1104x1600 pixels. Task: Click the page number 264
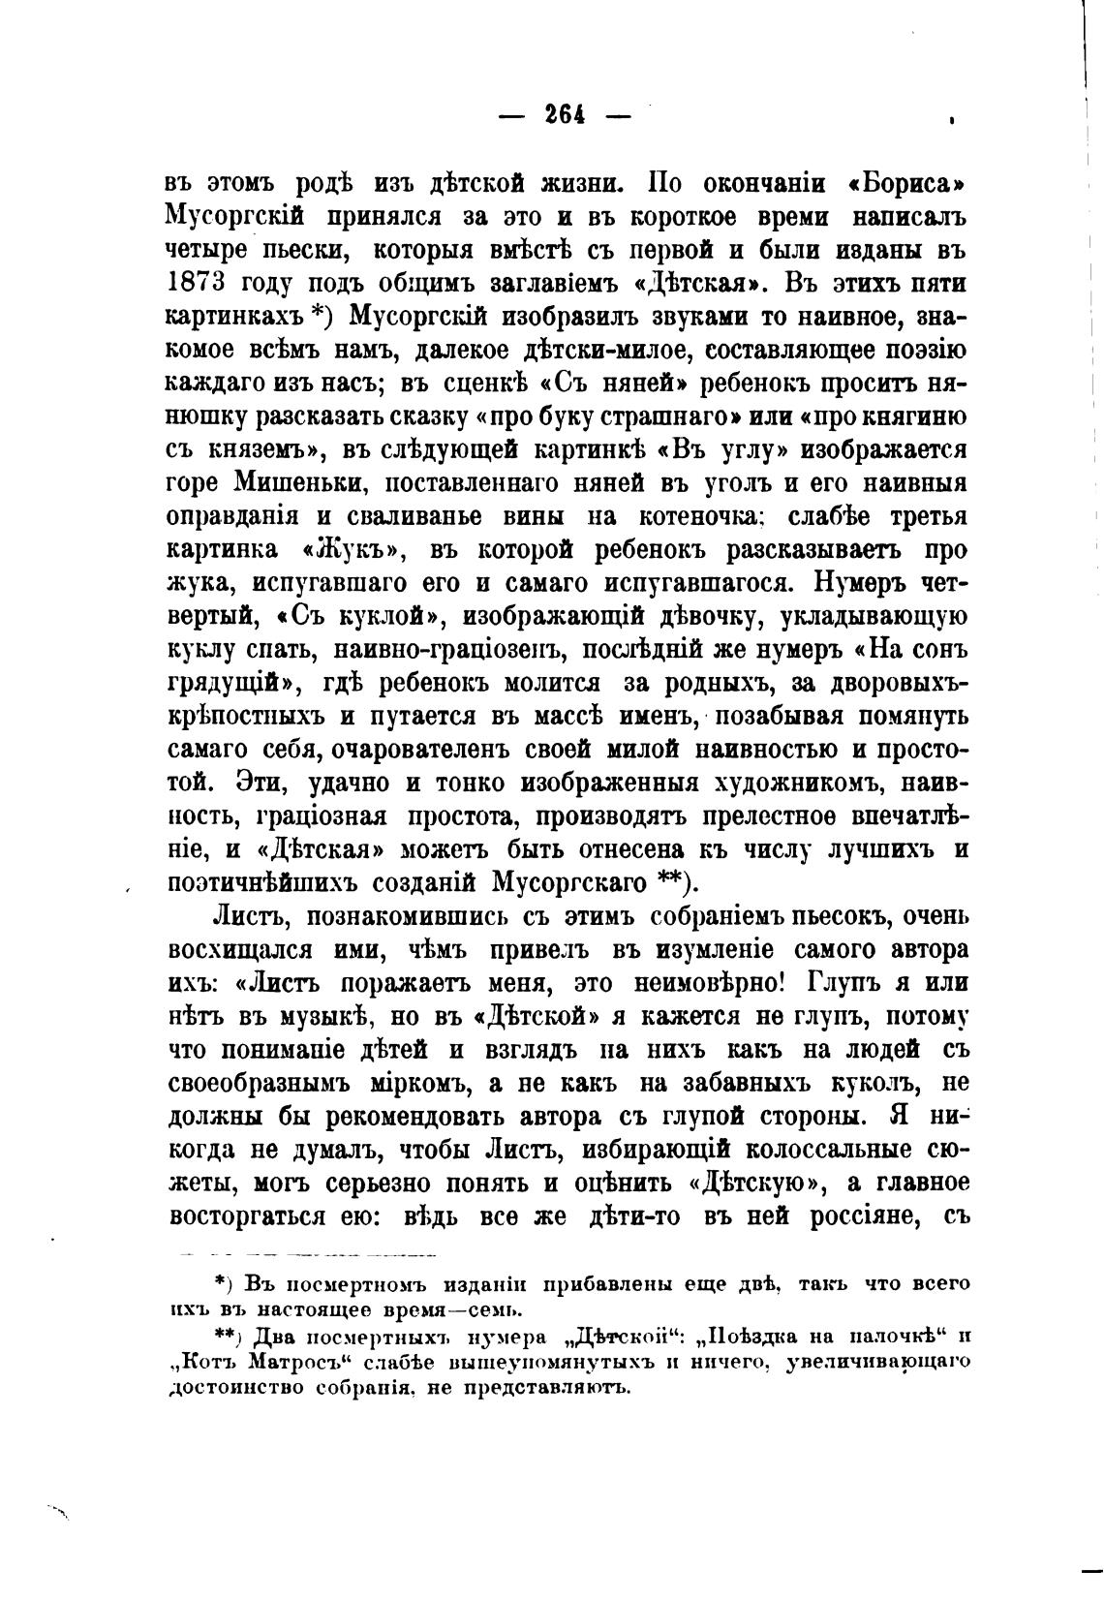pos(563,115)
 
